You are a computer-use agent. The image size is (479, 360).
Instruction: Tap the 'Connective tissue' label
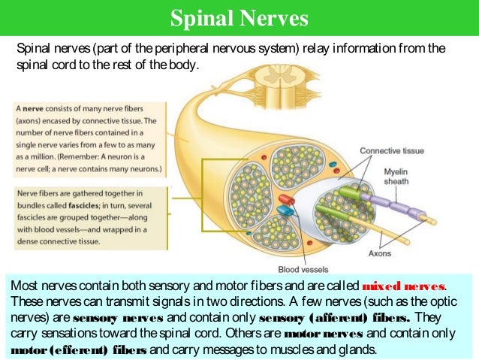(x=391, y=150)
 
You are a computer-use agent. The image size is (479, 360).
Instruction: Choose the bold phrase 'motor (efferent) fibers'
(x=77, y=350)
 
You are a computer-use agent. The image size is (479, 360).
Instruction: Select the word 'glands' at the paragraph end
(x=356, y=350)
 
